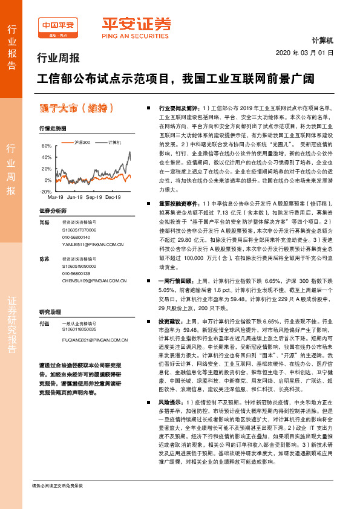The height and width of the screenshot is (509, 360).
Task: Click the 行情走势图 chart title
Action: tap(53, 129)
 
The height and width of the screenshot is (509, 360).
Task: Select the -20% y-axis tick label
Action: tap(46, 191)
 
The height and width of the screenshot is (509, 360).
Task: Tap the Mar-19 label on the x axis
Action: tap(55, 198)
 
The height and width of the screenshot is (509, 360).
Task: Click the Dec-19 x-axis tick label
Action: tap(113, 198)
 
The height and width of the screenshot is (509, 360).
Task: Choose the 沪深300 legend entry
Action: tap(82, 142)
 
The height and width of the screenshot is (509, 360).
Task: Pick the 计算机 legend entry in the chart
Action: tap(114, 142)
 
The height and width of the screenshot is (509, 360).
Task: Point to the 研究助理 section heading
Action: tap(50, 312)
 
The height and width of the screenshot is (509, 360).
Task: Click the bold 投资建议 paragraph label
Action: tap(170, 322)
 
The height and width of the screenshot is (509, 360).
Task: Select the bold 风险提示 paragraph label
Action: tap(170, 418)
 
